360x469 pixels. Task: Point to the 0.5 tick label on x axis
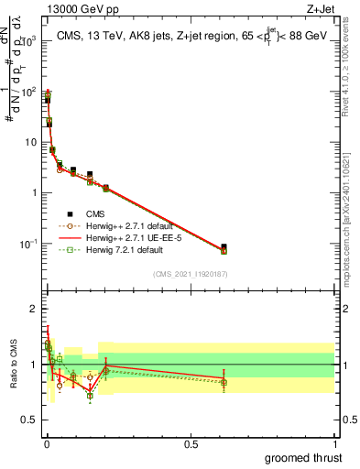click(x=190, y=443)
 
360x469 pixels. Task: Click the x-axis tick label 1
click(x=334, y=443)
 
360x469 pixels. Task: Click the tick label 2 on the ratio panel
click(x=33, y=307)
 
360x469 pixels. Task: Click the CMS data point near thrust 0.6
click(x=224, y=247)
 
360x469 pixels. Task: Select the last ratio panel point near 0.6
click(x=224, y=381)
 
